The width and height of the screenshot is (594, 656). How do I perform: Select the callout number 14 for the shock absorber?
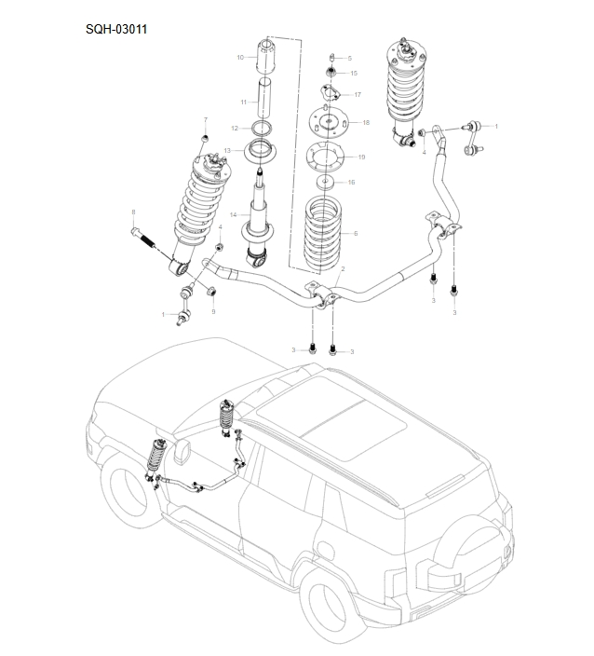point(234,215)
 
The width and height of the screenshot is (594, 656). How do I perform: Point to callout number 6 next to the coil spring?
point(355,233)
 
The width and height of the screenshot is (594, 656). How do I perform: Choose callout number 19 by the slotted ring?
point(361,157)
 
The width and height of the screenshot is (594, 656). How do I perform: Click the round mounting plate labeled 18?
point(326,123)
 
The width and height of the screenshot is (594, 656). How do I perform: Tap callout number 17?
point(358,95)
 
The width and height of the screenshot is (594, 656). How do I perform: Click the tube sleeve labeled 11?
point(265,99)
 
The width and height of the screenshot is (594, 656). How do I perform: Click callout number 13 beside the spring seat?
point(226,150)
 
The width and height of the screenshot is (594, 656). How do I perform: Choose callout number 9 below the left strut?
point(213,311)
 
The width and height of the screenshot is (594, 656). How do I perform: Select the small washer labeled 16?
point(326,183)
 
